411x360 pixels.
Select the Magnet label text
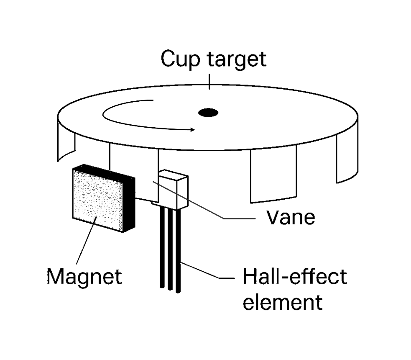[x=84, y=276]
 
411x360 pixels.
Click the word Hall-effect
[x=295, y=277]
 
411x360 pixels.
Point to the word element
[x=283, y=301]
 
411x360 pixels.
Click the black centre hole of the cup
[x=208, y=112]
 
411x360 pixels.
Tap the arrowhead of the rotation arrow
[x=191, y=130]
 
